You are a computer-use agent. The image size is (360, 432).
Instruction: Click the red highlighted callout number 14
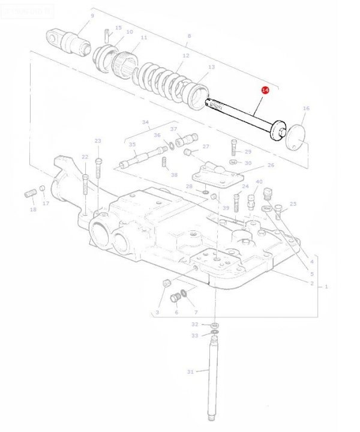click(265, 91)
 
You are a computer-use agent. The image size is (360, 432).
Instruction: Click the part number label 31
click(190, 372)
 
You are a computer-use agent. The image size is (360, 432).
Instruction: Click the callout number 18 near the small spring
click(33, 209)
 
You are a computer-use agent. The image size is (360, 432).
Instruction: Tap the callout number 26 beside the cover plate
click(271, 165)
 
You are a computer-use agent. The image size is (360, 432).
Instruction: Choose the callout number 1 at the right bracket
click(326, 287)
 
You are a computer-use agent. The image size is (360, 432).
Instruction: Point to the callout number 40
click(259, 181)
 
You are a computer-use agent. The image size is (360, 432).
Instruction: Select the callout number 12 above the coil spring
click(185, 55)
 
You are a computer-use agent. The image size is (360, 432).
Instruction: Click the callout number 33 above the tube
click(194, 335)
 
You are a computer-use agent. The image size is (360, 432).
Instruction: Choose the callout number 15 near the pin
click(118, 28)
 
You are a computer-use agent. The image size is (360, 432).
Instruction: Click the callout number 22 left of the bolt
click(85, 157)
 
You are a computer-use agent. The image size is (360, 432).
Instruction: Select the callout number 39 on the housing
click(226, 208)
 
